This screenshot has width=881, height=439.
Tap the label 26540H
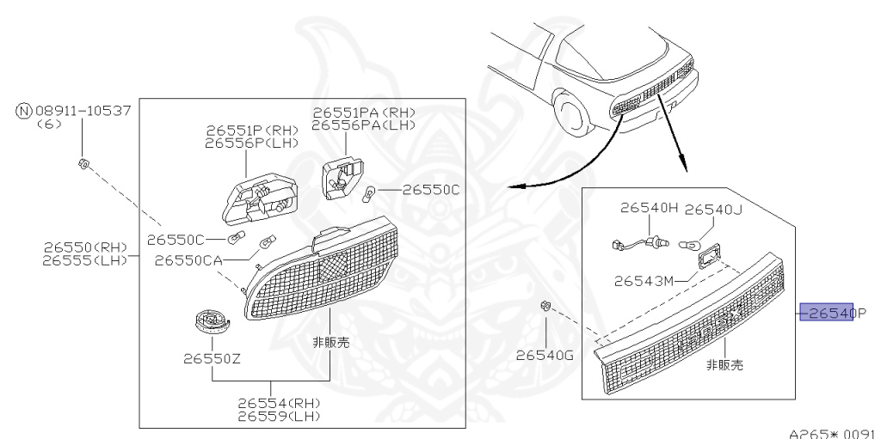[650, 208]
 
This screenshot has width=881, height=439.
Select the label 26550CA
[188, 259]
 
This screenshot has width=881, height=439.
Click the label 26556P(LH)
[252, 143]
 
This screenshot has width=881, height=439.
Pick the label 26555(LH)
[84, 259]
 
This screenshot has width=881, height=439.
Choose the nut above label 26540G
[545, 306]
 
